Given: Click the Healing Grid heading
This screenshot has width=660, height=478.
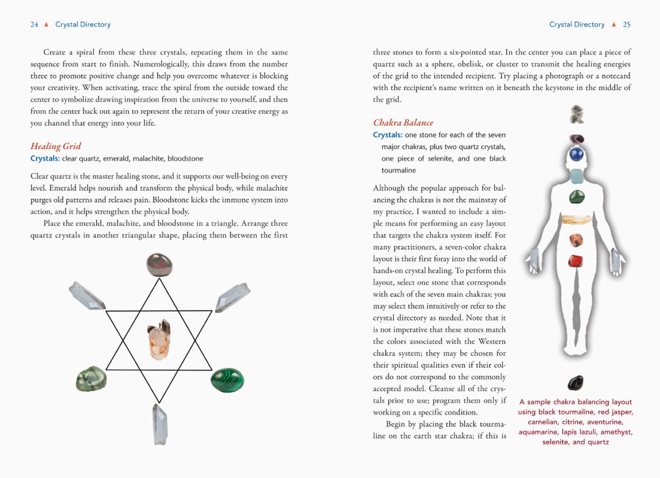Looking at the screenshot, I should tap(56, 146).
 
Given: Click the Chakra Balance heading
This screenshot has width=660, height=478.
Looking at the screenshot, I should tap(403, 123).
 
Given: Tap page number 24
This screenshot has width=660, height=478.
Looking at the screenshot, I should tap(34, 25).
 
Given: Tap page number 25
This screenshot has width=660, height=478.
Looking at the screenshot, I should tap(626, 25).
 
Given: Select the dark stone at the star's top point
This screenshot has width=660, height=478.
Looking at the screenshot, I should tap(159, 265).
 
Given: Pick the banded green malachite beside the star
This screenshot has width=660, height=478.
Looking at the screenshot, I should tap(227, 379).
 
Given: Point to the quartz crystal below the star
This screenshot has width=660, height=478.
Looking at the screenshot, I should tap(160, 424).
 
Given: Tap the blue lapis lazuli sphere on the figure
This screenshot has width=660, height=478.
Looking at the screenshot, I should tap(576, 155).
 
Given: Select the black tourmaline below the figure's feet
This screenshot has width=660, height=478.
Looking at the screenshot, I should tap(575, 382).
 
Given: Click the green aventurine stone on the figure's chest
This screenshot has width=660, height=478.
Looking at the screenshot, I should tap(577, 196).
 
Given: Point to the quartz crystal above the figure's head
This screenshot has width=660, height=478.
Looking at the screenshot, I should tap(577, 114).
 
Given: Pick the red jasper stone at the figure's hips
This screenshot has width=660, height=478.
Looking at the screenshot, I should tap(576, 261).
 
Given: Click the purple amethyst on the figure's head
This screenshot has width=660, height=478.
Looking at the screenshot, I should tap(577, 140).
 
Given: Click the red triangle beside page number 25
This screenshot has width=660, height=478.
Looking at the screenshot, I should tap(613, 25).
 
